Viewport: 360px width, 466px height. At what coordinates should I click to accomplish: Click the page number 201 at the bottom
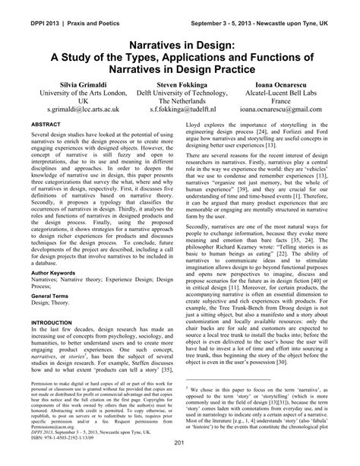(x=180, y=444)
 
